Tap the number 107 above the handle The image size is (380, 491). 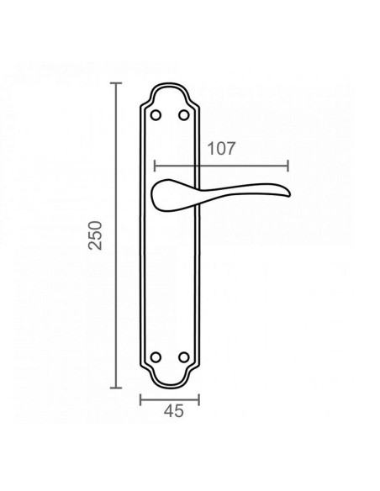tap(219, 149)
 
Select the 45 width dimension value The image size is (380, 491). tap(172, 412)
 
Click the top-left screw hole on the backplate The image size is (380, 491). tap(155, 112)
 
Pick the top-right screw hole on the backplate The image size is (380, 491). tap(185, 112)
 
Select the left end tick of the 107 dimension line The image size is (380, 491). tap(156, 166)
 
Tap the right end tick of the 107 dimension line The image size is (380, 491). tap(288, 166)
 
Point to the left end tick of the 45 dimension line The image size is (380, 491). tap(140, 399)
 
